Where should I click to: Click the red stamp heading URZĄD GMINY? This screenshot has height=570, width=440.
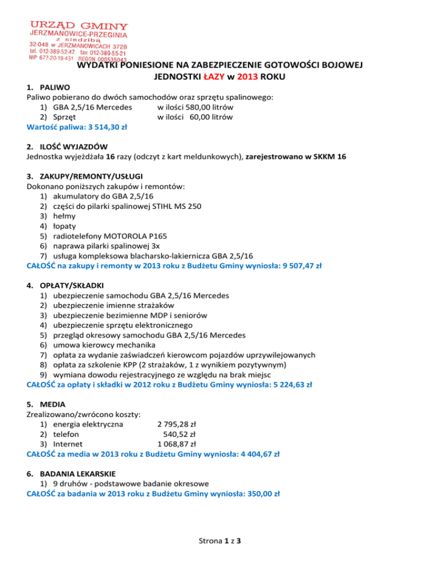click(80, 26)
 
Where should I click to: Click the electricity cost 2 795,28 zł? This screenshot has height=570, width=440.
click(177, 425)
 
